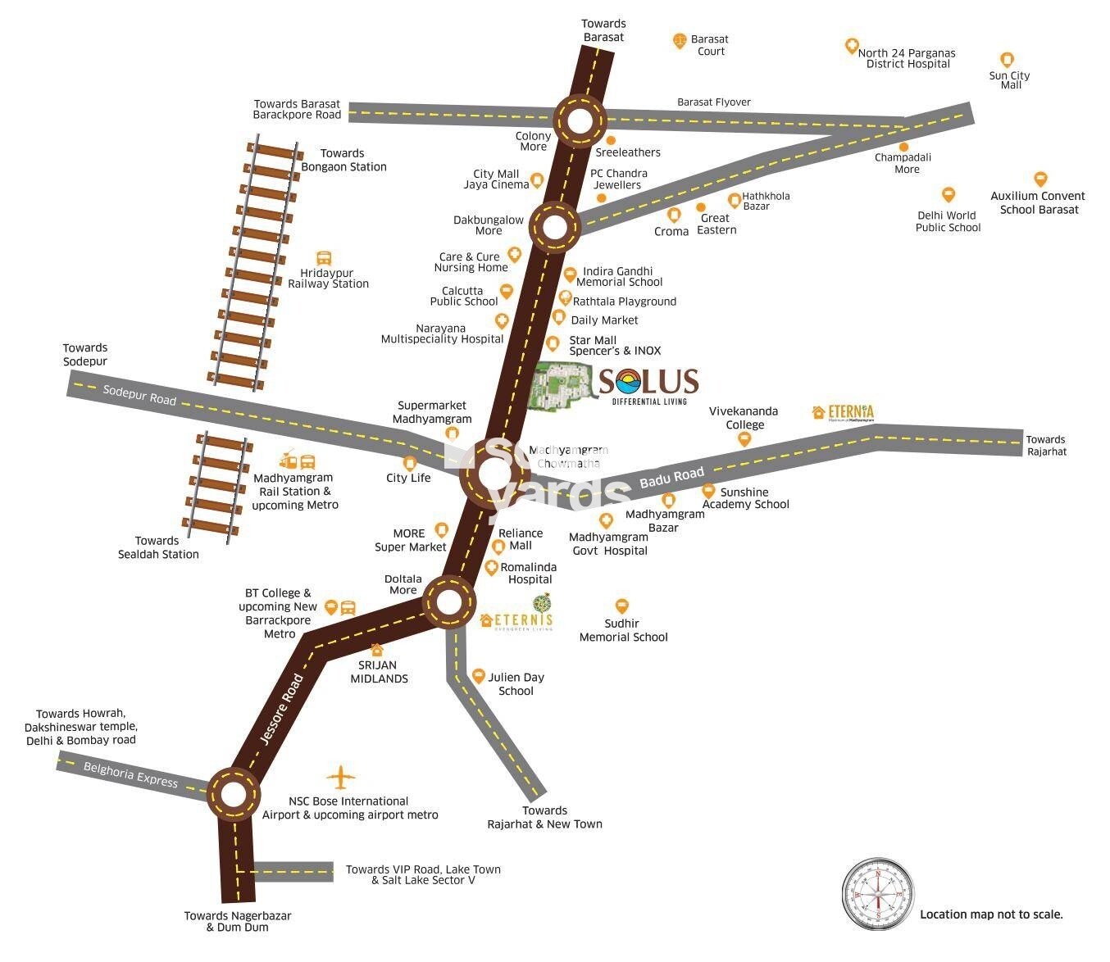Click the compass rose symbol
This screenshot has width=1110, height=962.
(x=878, y=894)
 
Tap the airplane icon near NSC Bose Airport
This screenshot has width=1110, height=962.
(x=341, y=777)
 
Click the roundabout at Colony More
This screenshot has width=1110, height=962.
(x=580, y=120)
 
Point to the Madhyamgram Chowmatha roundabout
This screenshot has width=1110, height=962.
(x=494, y=474)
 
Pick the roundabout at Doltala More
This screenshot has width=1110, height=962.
(x=448, y=603)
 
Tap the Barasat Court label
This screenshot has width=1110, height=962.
(x=710, y=45)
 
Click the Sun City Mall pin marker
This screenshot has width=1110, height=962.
(x=1008, y=60)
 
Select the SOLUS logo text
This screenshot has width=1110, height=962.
(x=648, y=382)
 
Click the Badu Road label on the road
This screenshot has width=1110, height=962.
(x=671, y=478)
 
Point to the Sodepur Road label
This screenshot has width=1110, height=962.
(x=139, y=394)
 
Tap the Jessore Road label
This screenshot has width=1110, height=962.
(x=281, y=709)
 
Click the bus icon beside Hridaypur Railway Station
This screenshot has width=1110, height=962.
(x=324, y=259)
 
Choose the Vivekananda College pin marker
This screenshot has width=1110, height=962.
(x=744, y=439)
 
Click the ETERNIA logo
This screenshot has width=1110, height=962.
(x=843, y=412)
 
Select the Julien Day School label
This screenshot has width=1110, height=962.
(x=516, y=683)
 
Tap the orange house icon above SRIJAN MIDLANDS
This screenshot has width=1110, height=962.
(x=377, y=650)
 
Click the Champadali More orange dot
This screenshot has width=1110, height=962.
(x=904, y=147)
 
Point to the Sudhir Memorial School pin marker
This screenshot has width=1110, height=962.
(x=622, y=606)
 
